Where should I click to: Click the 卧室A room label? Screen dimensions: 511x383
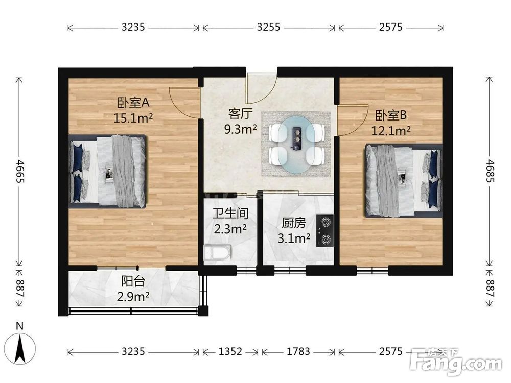click(x=133, y=103)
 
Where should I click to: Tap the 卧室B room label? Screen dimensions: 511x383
click(x=391, y=115)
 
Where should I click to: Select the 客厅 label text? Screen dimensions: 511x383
click(x=241, y=114)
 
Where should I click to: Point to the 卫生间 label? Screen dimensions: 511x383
click(x=230, y=213)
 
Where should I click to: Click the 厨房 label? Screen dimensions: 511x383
click(x=294, y=223)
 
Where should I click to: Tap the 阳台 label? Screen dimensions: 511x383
click(x=133, y=281)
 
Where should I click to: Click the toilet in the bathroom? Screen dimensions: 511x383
click(x=217, y=252)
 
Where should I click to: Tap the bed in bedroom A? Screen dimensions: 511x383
click(x=107, y=171)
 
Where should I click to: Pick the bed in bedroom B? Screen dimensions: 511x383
click(x=404, y=181)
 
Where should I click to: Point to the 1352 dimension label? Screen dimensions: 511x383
click(x=230, y=351)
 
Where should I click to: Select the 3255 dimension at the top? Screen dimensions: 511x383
click(x=269, y=27)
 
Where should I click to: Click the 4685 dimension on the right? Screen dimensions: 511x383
click(x=490, y=171)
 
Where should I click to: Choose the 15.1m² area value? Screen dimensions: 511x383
click(x=133, y=118)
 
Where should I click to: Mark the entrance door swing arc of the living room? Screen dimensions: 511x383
click(x=270, y=94)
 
